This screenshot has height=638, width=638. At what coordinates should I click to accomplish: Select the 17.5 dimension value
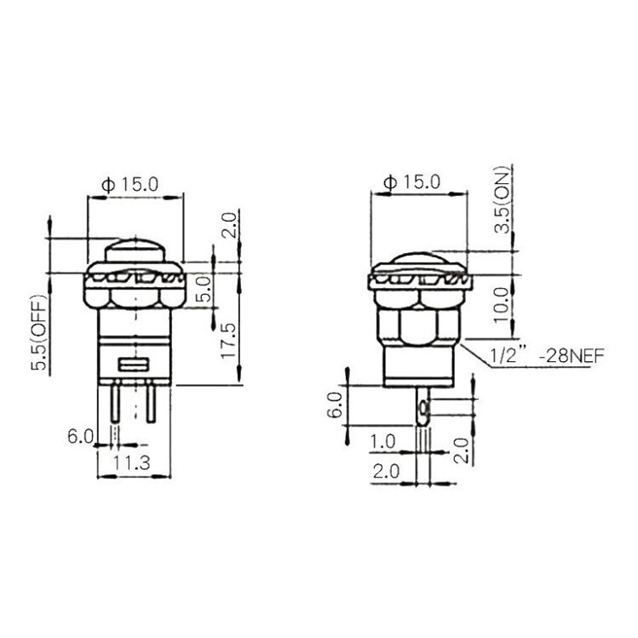click(227, 340)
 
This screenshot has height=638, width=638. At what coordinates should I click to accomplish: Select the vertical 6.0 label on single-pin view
click(335, 399)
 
